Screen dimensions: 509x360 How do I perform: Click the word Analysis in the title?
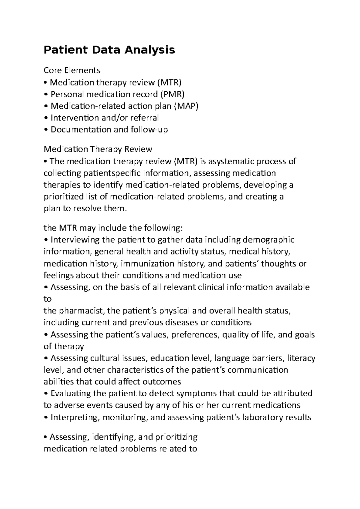click(x=150, y=50)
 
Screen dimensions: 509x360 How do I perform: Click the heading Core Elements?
click(x=72, y=70)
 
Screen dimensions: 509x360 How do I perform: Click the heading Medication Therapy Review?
click(x=98, y=149)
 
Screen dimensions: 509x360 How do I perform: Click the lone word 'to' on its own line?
click(x=47, y=299)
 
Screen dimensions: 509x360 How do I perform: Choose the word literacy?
click(x=301, y=358)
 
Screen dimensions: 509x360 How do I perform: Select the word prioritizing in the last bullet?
click(x=176, y=437)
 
